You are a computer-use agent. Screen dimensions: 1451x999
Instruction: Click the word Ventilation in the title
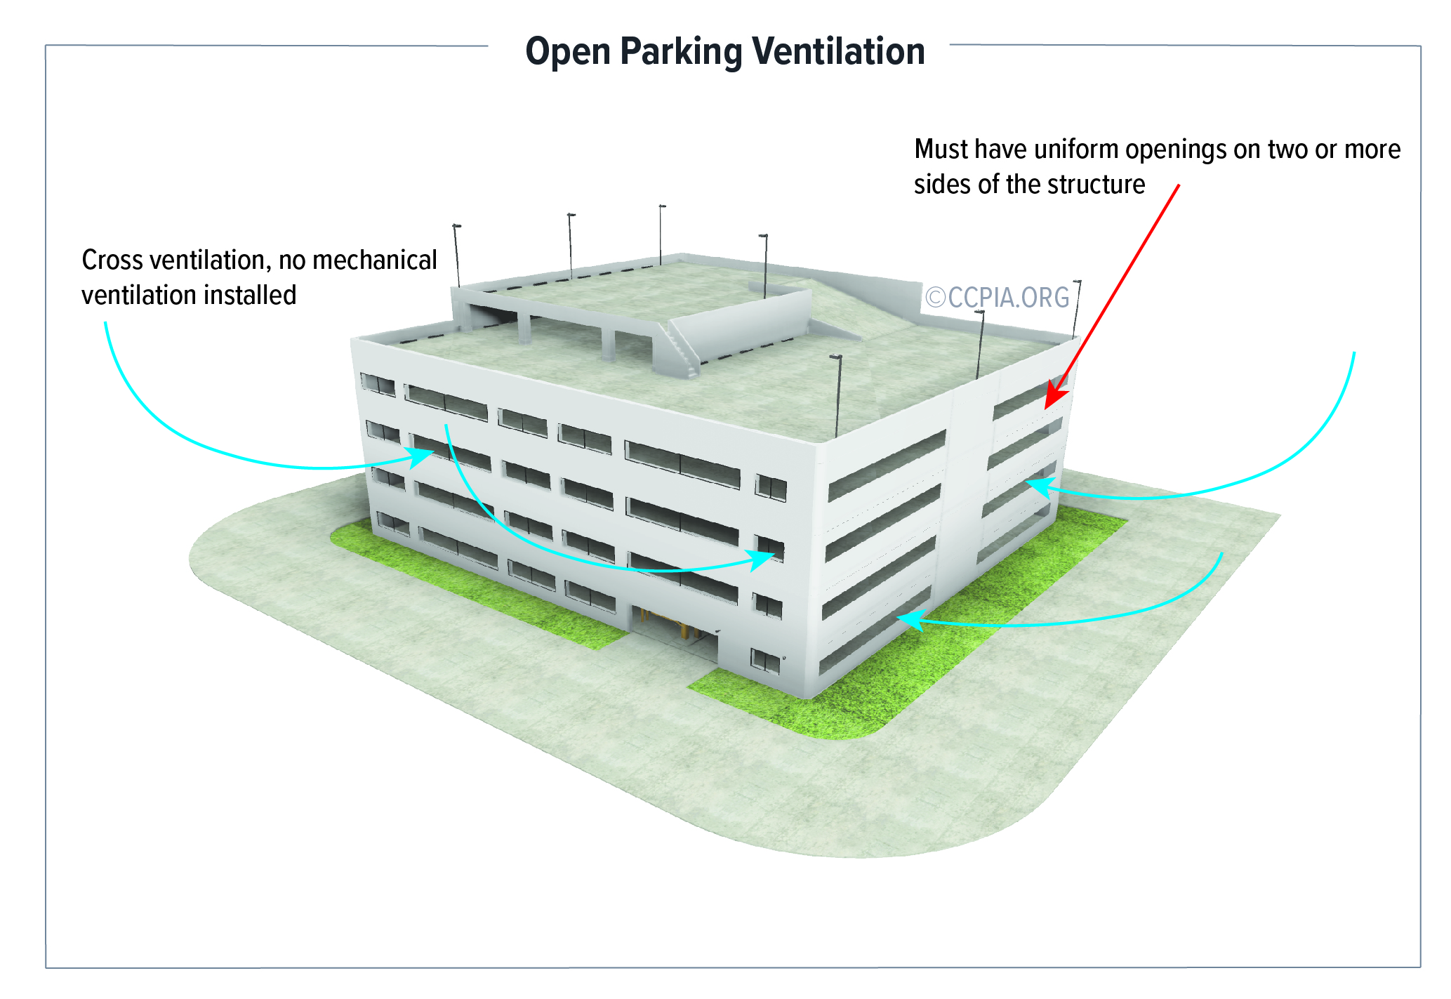pos(838,51)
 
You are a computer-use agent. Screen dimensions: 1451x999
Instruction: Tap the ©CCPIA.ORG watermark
pos(997,298)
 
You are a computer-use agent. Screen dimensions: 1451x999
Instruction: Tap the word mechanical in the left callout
pos(375,260)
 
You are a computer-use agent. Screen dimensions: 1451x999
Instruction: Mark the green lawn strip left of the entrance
pos(477,583)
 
